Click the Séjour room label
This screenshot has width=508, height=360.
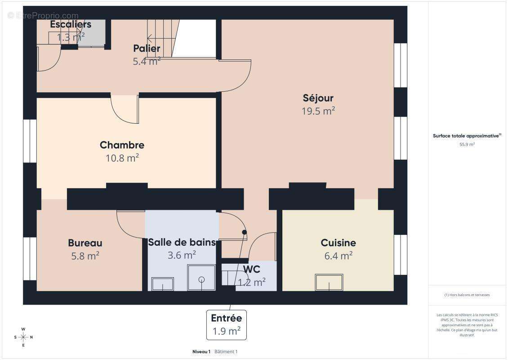click(318, 98)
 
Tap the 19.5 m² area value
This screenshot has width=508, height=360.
click(318, 111)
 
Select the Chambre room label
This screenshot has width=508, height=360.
click(122, 145)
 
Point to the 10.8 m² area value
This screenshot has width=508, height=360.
click(122, 158)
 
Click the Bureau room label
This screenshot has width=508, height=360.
click(85, 243)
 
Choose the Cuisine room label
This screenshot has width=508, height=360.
click(338, 243)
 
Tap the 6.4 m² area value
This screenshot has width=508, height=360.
click(338, 256)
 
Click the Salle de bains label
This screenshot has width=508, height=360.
click(182, 243)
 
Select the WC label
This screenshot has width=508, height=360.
click(251, 269)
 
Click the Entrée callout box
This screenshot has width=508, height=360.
click(226, 324)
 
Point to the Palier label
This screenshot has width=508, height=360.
click(147, 49)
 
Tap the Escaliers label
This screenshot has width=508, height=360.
click(71, 24)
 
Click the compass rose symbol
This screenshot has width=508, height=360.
click(23, 337)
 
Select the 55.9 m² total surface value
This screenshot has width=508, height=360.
click(467, 144)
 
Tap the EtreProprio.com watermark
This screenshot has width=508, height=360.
click(43, 15)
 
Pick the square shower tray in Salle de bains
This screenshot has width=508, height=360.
click(201, 278)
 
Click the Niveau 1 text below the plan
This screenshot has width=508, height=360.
click(201, 351)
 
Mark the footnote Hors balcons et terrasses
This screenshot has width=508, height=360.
click(467, 295)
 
